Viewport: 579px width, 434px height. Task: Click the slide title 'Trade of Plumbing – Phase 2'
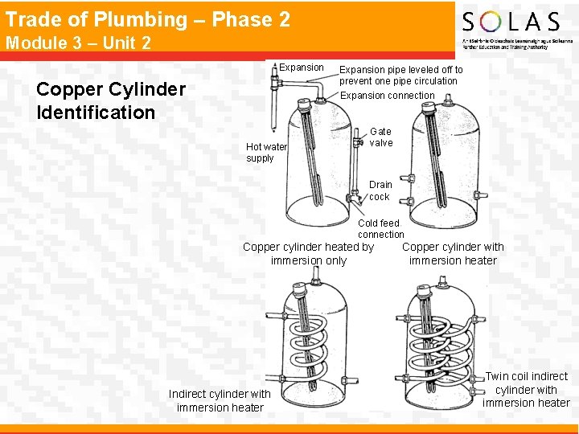point(148,19)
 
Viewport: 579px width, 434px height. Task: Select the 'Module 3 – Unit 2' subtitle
point(78,43)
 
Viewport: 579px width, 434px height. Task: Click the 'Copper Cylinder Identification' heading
point(111,100)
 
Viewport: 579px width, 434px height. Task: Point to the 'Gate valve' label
point(381,137)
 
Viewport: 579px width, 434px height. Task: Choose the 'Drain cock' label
point(380,190)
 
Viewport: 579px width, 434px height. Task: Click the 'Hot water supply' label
point(266,153)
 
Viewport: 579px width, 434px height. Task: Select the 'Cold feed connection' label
point(380,228)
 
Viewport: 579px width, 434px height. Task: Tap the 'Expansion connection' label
point(388,96)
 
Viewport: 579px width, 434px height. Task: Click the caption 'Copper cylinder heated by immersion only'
point(309,254)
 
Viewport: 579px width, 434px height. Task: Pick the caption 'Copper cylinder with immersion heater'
point(453,254)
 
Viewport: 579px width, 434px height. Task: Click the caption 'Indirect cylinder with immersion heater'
point(220,400)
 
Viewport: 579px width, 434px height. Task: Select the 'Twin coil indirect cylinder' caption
point(527,389)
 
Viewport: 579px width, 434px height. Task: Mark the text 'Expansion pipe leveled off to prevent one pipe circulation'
point(400,75)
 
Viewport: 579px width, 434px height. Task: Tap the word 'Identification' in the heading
point(96,113)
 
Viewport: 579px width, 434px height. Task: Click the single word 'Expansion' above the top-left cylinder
point(302,68)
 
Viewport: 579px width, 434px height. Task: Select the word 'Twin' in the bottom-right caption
point(499,376)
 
